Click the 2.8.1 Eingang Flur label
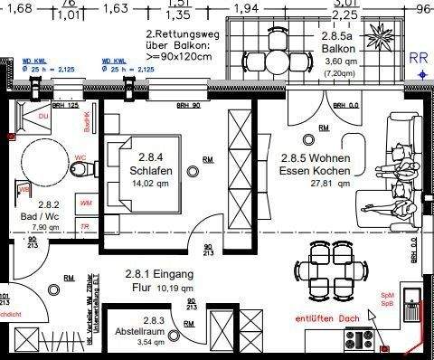[154, 281]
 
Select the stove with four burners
[360, 341]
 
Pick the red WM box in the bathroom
[86, 204]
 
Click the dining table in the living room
[330, 270]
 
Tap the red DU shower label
[42, 117]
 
